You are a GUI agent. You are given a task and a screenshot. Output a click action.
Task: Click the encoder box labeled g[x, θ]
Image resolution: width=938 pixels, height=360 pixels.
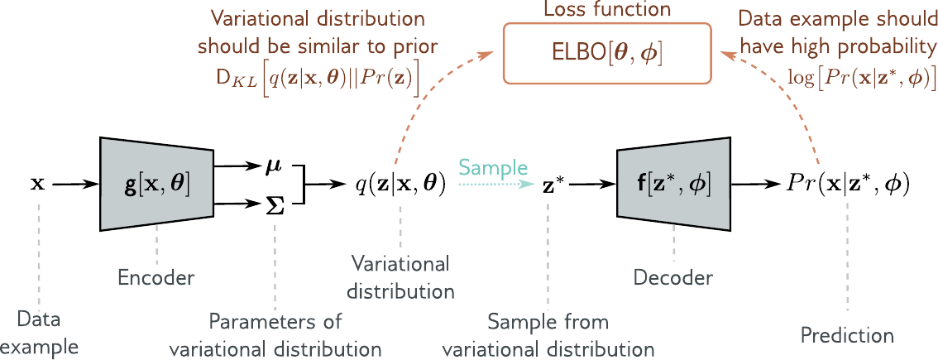point(157,185)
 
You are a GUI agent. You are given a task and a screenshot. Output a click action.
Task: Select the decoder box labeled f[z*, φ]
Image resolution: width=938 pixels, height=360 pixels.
point(673,185)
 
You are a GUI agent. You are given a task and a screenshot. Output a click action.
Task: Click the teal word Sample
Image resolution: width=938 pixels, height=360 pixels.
point(494,167)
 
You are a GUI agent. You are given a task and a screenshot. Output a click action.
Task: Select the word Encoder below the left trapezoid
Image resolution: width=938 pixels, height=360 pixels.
point(156,277)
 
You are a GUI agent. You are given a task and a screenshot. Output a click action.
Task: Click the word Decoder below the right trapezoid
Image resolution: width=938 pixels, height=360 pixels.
point(673,277)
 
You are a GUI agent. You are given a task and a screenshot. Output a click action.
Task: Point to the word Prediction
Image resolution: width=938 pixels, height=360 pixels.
point(848,335)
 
